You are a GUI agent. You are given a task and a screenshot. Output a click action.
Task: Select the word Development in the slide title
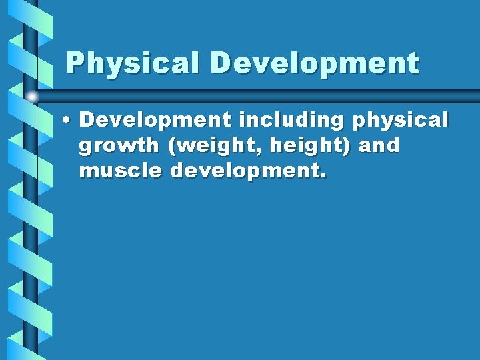(x=315, y=64)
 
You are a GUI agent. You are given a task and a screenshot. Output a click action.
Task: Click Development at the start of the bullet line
(x=156, y=121)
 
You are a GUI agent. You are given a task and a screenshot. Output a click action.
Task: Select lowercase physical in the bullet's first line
(x=400, y=121)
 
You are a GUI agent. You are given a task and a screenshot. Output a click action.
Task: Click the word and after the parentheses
(x=379, y=146)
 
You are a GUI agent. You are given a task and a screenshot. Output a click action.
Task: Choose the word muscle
(x=121, y=171)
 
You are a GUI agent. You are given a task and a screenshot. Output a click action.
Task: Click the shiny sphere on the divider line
(x=32, y=97)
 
